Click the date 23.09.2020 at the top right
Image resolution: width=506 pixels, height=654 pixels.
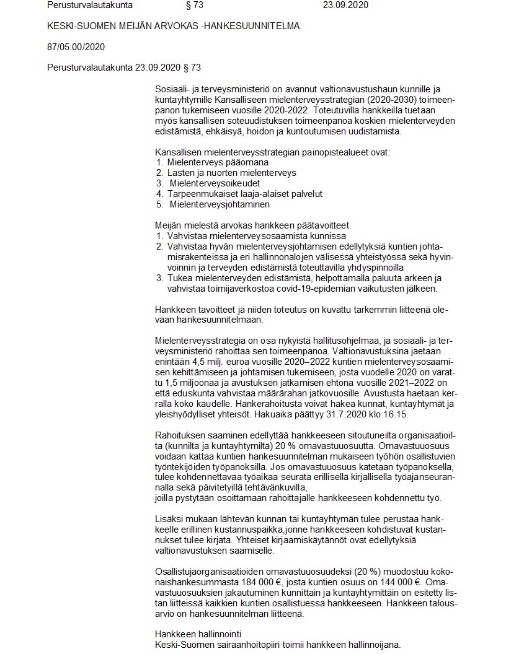(345, 6)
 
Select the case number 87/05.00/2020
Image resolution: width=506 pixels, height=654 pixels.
(76, 46)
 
